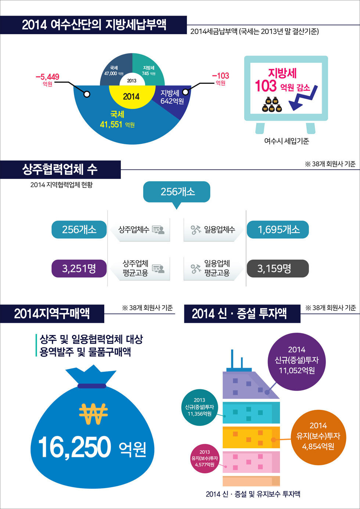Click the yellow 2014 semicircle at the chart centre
click(x=131, y=96)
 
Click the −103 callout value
click(x=220, y=76)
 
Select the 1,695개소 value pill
click(x=278, y=230)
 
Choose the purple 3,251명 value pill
click(x=79, y=268)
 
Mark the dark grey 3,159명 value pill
click(x=278, y=268)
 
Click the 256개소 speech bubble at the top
click(x=177, y=191)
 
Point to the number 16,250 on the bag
click(x=75, y=447)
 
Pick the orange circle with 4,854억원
click(x=318, y=436)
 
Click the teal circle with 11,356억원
click(x=199, y=407)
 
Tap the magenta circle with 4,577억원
click(x=205, y=458)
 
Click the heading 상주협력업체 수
click(x=60, y=170)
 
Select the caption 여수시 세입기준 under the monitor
click(x=287, y=141)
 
